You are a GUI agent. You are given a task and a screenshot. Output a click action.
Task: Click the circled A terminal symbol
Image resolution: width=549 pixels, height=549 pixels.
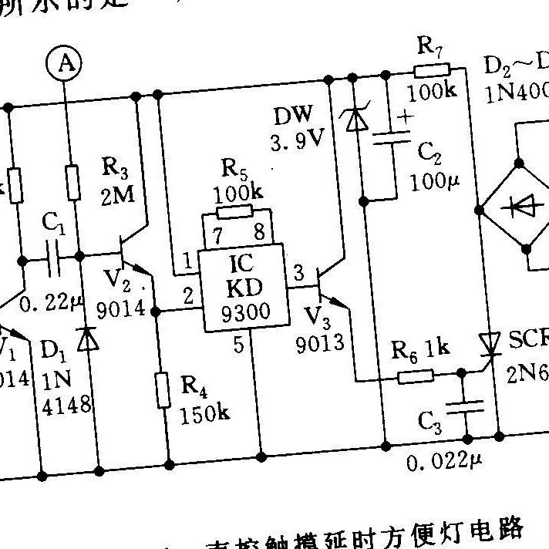(67, 65)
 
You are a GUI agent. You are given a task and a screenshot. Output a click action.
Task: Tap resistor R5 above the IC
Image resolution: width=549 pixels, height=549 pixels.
(234, 212)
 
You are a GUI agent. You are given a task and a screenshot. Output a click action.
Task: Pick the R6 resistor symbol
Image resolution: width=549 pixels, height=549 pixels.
(416, 377)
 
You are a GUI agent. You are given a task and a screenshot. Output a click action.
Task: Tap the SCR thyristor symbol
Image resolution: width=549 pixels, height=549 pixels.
(490, 342)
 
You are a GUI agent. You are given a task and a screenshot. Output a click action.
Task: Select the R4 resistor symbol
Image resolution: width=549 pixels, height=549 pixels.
(163, 389)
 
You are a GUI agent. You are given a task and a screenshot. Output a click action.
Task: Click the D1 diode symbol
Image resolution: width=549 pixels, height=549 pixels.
(89, 339)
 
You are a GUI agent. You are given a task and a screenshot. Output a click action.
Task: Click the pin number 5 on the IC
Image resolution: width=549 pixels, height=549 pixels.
(238, 345)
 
